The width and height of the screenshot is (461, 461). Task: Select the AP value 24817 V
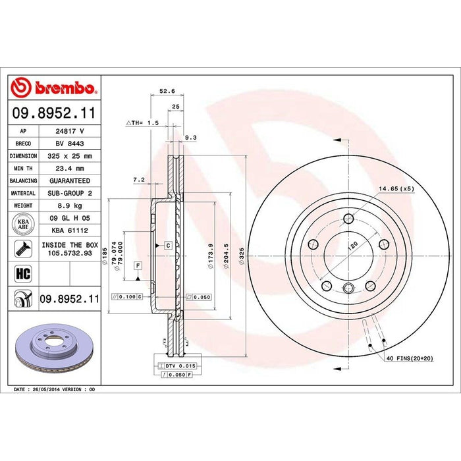click(x=69, y=130)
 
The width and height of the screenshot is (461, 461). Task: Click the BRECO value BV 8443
click(x=69, y=143)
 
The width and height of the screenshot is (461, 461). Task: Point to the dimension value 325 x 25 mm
click(x=69, y=155)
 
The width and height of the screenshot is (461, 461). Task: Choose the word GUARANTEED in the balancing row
click(x=69, y=180)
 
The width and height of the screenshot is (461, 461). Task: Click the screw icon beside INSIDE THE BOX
click(x=22, y=249)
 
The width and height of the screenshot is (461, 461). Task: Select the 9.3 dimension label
click(x=191, y=137)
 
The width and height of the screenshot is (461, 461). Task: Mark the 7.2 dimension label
click(x=138, y=179)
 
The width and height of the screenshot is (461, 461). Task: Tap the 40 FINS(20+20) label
click(x=410, y=358)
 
